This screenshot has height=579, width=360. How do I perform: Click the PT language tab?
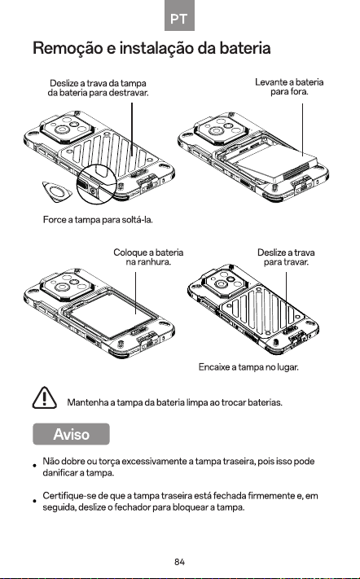point(179,15)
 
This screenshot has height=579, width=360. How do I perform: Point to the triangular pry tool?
point(56,191)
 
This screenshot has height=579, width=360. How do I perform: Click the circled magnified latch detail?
point(97,183)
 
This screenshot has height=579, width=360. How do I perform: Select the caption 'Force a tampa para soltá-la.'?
point(98,220)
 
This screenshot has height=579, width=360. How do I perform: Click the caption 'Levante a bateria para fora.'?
point(289,87)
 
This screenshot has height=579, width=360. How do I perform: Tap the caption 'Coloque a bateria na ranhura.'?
point(148,257)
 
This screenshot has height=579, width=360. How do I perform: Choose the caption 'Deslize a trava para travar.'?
point(286,257)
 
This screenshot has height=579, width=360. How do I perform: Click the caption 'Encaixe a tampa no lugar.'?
point(248,367)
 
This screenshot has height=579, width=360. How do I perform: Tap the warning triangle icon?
point(44,397)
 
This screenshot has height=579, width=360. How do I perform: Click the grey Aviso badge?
point(71,434)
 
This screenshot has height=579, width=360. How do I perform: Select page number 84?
point(179,562)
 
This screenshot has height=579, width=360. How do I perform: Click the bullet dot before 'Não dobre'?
point(34,465)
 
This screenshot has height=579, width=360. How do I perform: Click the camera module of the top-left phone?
point(67,128)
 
